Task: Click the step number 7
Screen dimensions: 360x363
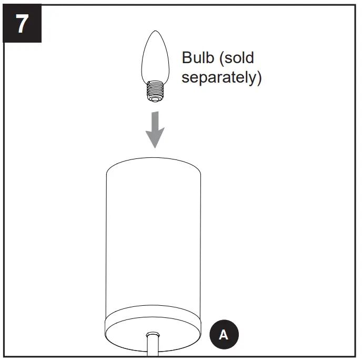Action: click(x=22, y=24)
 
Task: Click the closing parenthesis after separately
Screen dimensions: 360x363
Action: click(x=258, y=78)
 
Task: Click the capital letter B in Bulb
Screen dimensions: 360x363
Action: click(x=186, y=58)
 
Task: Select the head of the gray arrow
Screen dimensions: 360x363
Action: click(x=155, y=138)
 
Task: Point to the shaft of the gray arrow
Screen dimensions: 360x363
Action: click(x=155, y=119)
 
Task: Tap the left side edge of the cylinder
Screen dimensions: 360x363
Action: click(x=107, y=237)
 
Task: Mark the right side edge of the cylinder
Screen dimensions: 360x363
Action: click(x=201, y=237)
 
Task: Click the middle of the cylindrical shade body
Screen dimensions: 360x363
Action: click(x=154, y=232)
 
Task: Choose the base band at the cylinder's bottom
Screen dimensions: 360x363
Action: click(x=154, y=324)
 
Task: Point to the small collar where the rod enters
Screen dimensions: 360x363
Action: click(x=153, y=335)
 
